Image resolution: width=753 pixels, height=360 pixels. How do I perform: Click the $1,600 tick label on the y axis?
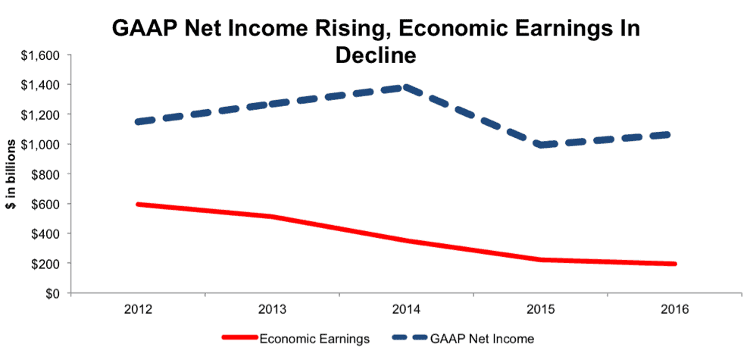point(42,55)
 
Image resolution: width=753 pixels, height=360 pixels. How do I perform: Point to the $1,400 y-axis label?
point(42,85)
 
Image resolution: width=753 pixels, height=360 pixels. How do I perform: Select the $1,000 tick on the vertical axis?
point(42,144)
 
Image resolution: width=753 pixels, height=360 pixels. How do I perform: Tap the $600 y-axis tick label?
point(47,204)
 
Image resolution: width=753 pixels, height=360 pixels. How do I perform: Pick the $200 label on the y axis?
point(47,264)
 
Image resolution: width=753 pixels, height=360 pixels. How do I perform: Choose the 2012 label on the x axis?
point(139,310)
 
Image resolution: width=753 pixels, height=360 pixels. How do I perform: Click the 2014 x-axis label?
point(406,310)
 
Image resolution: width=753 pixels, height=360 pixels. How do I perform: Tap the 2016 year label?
point(675,310)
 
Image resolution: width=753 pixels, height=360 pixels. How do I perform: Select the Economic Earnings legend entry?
point(295,339)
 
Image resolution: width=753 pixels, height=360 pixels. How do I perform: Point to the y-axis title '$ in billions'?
point(15,174)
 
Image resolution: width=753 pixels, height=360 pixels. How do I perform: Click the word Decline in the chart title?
point(376,55)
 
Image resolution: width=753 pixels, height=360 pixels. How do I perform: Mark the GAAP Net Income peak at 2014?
point(406,87)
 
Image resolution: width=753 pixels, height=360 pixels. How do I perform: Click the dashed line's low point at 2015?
point(541,145)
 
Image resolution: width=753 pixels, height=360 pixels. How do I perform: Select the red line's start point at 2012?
point(139,205)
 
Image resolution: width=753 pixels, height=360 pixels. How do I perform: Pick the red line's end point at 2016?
point(675,264)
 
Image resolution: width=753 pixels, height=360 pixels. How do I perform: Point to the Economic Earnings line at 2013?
point(272,217)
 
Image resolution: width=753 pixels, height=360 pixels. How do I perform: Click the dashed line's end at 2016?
point(675,134)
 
